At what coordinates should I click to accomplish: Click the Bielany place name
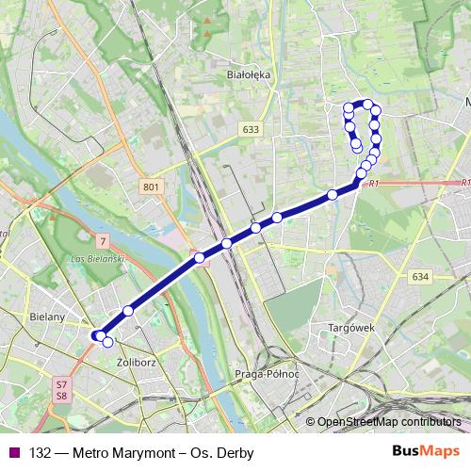[x=47, y=317]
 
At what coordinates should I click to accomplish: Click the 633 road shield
[x=250, y=130]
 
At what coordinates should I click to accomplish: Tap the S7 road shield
[x=61, y=384]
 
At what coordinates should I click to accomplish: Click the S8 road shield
[x=61, y=397]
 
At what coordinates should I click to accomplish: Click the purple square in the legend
[x=13, y=452]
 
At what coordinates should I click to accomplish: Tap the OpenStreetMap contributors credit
[x=388, y=422]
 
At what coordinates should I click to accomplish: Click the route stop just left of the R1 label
[x=360, y=174]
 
